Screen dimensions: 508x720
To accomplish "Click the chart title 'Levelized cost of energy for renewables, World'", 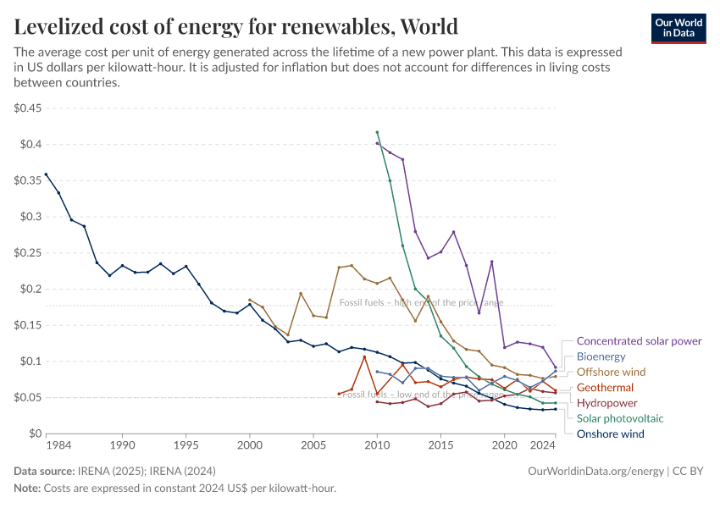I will (236, 26).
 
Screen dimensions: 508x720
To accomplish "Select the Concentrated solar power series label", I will (639, 341).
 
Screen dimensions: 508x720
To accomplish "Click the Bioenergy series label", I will (601, 356).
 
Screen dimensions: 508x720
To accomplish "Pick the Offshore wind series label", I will (611, 372).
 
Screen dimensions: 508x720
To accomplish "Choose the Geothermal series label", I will (605, 388).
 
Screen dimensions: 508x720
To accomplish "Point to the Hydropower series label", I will (606, 403).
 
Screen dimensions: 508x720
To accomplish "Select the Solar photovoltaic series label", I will (620, 418).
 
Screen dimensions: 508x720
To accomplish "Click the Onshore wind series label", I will (609, 434).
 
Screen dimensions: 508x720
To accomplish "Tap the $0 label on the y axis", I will (34, 433).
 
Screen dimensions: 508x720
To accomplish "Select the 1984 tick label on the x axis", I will (58, 445).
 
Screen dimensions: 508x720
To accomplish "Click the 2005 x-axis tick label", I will (313, 445).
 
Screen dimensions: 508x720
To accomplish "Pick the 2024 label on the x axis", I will (542, 445).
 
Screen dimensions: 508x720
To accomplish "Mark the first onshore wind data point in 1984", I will (46, 174).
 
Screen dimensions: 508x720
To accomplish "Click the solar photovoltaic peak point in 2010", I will (377, 132).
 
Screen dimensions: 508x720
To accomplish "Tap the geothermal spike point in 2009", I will (364, 356).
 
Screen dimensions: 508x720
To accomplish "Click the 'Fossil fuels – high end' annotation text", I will (421, 302).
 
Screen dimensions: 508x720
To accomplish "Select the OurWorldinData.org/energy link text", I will (595, 471).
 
